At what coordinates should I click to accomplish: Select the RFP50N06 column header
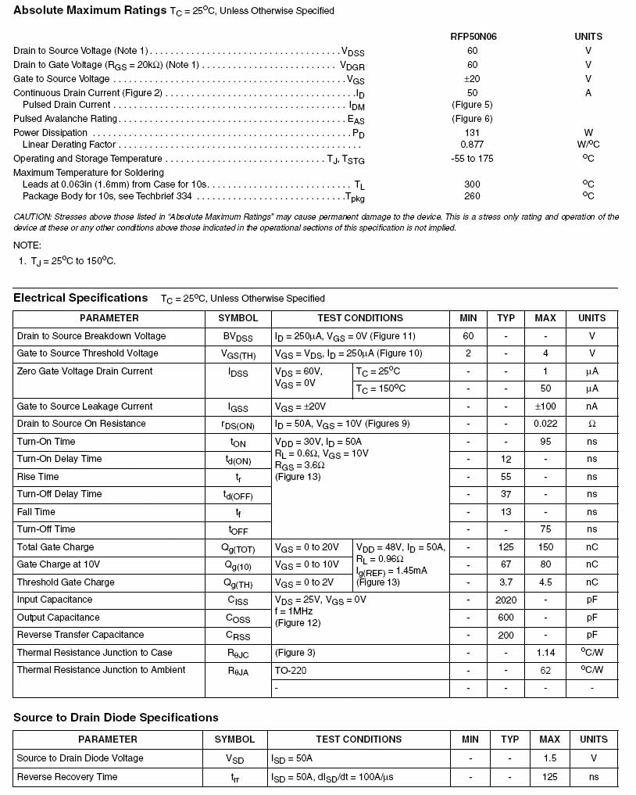coord(471,37)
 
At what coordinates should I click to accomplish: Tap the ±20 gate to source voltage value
coord(472,79)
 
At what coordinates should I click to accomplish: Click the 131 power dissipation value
coord(472,133)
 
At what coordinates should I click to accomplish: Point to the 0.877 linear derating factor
coord(472,145)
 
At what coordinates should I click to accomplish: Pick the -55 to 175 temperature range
coord(472,159)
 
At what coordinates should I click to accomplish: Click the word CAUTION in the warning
coord(34,217)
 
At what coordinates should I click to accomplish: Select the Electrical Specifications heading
coord(80,298)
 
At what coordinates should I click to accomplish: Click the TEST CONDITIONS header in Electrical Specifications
coord(360,318)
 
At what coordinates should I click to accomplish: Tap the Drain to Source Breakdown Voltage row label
coord(91,336)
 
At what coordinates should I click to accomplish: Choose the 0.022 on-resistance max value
coord(545,424)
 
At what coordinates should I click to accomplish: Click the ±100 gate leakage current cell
coord(545,406)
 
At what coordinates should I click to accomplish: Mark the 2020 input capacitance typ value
coord(506,600)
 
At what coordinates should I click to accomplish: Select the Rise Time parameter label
coord(38,477)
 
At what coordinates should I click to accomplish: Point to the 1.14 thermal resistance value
coord(545,653)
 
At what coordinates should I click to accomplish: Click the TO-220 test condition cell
coord(289,671)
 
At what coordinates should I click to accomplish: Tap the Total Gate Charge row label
coord(55,547)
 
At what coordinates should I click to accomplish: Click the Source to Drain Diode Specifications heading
coord(116,718)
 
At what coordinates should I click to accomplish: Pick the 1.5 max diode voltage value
coord(549,758)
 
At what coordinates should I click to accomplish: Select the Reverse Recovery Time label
coord(67,777)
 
